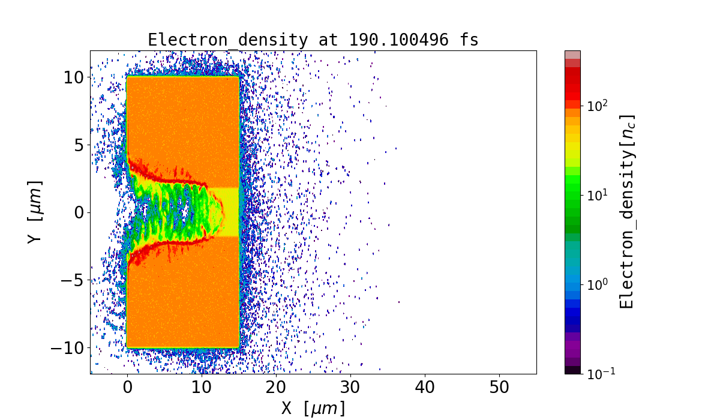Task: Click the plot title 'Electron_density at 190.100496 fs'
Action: coord(313,40)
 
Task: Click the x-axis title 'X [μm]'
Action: coord(313,408)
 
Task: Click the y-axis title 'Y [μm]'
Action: coord(34,212)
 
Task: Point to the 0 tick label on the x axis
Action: coord(127,388)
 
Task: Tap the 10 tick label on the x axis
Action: coord(202,388)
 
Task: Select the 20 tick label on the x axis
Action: coord(276,388)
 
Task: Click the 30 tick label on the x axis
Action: coord(350,388)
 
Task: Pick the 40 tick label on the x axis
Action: coord(425,388)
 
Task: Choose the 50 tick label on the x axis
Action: coord(499,388)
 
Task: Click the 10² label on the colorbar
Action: coord(598,106)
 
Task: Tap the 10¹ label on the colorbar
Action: coord(598,195)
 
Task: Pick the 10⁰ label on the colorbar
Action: coord(598,284)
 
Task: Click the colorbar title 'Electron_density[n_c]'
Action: coord(627,212)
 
